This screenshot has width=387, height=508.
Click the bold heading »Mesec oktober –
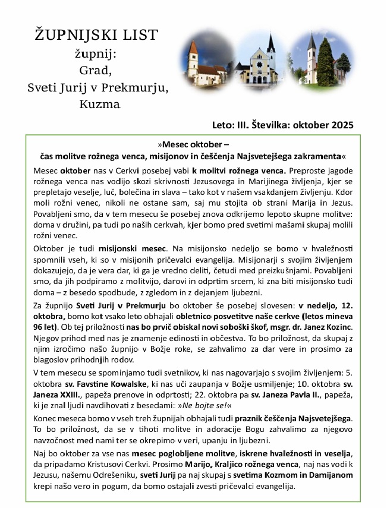[194, 144]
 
